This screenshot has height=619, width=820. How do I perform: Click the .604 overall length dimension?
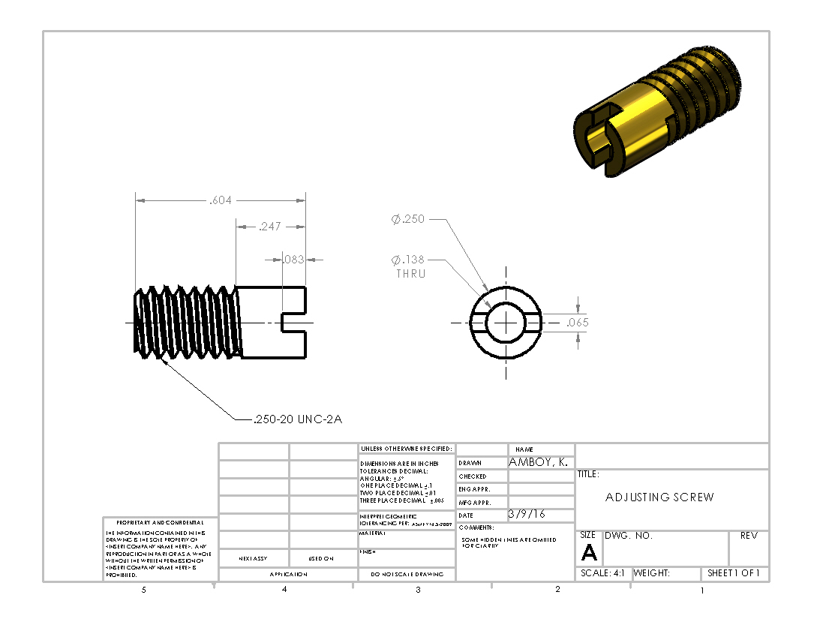(x=221, y=200)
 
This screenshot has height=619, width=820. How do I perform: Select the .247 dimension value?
(x=270, y=226)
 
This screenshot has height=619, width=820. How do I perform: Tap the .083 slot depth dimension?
(x=293, y=260)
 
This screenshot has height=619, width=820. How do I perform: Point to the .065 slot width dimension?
(x=577, y=323)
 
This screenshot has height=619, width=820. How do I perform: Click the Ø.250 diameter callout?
(x=408, y=220)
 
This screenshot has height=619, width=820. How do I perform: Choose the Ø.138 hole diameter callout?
(x=408, y=260)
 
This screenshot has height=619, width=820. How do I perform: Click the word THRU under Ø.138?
(x=410, y=274)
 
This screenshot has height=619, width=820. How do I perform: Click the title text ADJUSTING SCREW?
(x=659, y=497)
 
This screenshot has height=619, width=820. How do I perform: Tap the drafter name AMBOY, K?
(x=539, y=463)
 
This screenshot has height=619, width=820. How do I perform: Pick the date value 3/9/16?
(x=527, y=515)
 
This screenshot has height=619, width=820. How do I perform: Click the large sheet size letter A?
(x=589, y=554)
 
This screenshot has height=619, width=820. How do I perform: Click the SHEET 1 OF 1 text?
(x=734, y=573)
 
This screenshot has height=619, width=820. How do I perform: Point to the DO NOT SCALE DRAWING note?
(x=407, y=574)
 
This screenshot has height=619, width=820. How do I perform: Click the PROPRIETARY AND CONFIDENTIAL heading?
(x=160, y=522)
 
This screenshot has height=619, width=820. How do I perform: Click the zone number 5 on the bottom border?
(x=144, y=590)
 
